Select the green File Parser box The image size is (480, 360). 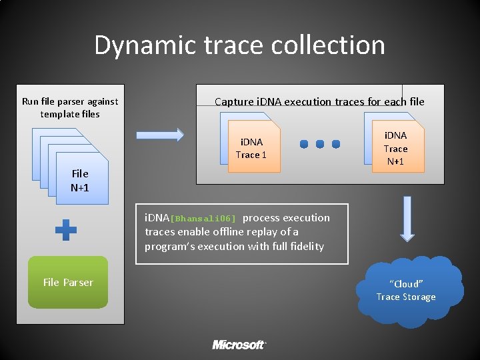pos(68,282)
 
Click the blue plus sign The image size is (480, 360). pos(65,231)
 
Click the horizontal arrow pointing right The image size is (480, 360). pos(160,135)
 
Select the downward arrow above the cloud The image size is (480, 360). pos(406,218)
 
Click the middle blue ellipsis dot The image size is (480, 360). pos(320,144)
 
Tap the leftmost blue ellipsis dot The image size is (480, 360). pos(304,144)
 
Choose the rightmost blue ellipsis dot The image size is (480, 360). pos(336,144)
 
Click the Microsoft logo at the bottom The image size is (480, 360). pos(239,345)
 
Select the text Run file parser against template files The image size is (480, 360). pos(70,107)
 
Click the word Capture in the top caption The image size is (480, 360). pos(233,102)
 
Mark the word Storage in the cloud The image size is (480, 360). pos(419,297)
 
